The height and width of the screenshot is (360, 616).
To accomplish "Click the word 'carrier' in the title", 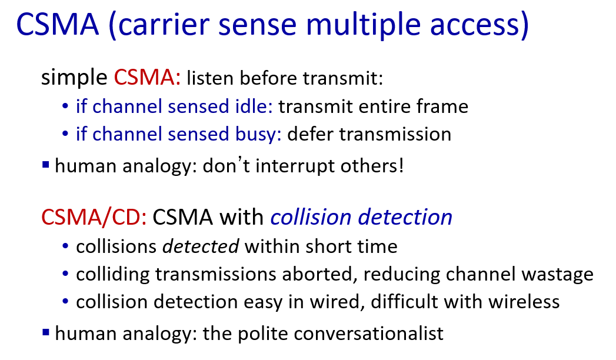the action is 162,24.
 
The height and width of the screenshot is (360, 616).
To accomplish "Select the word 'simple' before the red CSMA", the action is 74,77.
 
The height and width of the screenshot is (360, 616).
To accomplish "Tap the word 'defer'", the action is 311,134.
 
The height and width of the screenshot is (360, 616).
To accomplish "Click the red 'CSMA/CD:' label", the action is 94,217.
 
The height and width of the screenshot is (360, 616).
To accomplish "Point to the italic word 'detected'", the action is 201,246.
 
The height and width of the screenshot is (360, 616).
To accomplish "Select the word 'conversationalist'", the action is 368,334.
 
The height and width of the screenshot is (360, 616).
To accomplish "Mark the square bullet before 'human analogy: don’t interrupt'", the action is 45,165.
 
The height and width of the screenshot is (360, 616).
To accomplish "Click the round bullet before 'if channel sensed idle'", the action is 65,106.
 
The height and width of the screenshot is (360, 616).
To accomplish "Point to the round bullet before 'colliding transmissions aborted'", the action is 65,274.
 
